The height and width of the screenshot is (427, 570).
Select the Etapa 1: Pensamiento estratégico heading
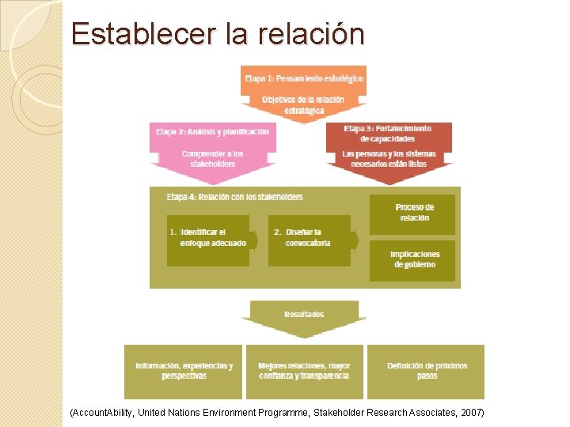pyautogui.click(x=304, y=78)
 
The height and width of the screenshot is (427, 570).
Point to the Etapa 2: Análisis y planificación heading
pyautogui.click(x=212, y=131)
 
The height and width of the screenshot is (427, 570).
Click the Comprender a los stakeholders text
pyautogui.click(x=212, y=158)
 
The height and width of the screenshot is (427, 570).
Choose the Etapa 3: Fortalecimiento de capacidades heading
pyautogui.click(x=388, y=133)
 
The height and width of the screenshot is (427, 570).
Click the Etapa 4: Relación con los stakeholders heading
pyautogui.click(x=234, y=197)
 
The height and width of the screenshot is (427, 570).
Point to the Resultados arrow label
pyautogui.click(x=304, y=315)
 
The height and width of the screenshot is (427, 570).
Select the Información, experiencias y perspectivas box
pyautogui.click(x=184, y=371)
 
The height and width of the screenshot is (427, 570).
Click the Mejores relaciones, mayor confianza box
pyautogui.click(x=304, y=371)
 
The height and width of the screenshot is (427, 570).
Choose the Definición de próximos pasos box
pyautogui.click(x=427, y=371)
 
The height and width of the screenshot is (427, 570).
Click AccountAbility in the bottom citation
pyautogui.click(x=101, y=413)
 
